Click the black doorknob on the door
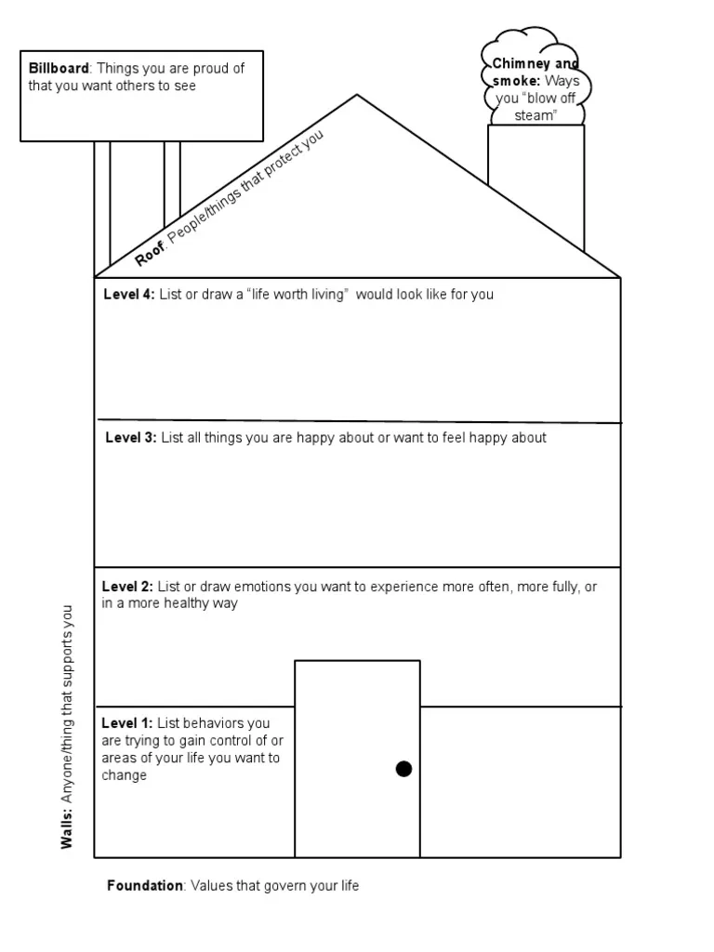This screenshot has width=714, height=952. [x=403, y=768]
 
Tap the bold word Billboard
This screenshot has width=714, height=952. [x=58, y=68]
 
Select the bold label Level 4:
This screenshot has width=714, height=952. [x=129, y=295]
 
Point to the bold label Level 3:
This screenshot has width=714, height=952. [x=131, y=438]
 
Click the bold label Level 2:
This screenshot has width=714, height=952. [x=127, y=587]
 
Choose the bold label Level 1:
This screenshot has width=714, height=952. [x=127, y=723]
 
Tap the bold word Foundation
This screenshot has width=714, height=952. [x=145, y=886]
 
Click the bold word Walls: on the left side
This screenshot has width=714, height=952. [x=67, y=827]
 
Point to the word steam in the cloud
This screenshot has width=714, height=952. [x=535, y=116]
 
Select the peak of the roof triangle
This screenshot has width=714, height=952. [x=356, y=95]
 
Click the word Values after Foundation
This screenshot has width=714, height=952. [x=210, y=886]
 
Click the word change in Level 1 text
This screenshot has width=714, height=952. [x=125, y=775]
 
